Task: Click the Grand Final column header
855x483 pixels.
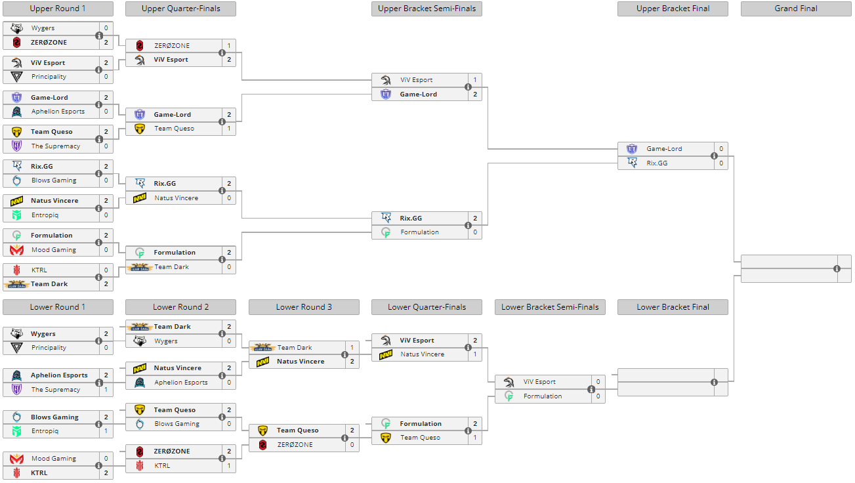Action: tap(795, 9)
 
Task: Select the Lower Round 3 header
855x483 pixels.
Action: tap(304, 307)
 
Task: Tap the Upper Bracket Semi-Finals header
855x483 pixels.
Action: tap(427, 9)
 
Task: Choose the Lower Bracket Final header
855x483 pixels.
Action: tap(673, 307)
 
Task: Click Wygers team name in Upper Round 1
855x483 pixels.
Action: tap(43, 28)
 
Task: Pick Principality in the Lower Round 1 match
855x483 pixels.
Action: tap(49, 348)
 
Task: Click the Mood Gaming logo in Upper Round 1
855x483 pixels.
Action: tap(17, 250)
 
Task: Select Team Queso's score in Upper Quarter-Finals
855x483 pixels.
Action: tap(229, 129)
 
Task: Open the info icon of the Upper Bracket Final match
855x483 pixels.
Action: tap(714, 156)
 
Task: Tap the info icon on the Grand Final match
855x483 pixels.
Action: tap(837, 269)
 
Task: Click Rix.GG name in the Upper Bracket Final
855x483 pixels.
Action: tap(657, 163)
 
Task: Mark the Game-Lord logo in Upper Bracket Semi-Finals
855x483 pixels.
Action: tap(386, 94)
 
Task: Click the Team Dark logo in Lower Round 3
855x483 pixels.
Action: tap(263, 348)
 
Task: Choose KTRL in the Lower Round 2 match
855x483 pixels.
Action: tap(162, 465)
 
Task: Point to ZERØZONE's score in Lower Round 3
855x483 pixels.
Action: tap(352, 445)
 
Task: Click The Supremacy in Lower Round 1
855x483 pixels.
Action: tap(56, 390)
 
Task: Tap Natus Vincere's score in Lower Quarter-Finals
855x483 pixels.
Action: tap(475, 354)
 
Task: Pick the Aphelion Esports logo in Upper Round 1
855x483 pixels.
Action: tap(17, 112)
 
